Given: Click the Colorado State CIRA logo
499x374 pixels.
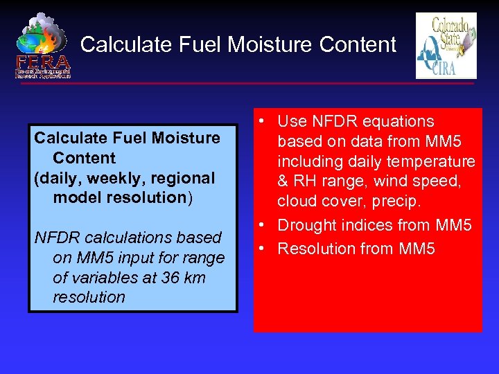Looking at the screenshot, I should (x=446, y=46).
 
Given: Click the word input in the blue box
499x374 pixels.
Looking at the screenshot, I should (x=131, y=258).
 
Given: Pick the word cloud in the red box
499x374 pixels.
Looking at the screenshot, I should (x=297, y=202).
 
